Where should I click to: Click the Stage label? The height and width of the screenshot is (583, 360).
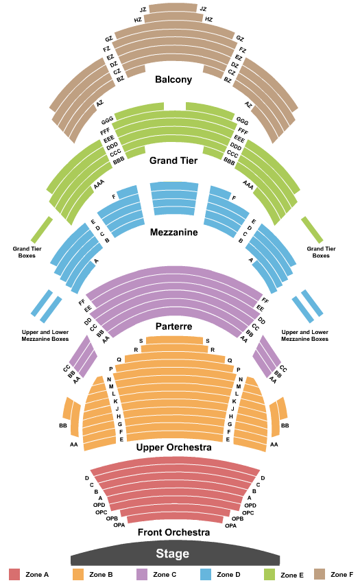click(172, 554)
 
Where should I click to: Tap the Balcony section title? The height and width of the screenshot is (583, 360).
click(173, 80)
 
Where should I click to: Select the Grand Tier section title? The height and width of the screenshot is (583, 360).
click(173, 160)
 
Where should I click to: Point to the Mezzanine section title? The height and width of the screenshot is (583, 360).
click(173, 233)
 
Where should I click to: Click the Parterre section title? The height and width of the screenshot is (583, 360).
click(173, 326)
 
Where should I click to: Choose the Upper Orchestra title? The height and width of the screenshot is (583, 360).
click(173, 447)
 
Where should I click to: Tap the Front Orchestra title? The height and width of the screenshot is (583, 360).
click(173, 532)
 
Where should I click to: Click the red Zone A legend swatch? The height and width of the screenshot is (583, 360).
click(14, 575)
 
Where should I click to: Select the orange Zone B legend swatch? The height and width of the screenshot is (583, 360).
click(78, 575)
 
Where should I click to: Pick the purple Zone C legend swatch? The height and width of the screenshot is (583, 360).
click(142, 575)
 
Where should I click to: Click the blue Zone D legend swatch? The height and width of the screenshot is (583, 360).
click(206, 575)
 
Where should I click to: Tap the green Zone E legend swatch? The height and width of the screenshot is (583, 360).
click(269, 575)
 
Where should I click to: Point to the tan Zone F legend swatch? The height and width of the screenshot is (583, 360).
click(320, 575)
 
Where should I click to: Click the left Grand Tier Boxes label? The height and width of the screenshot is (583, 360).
click(27, 252)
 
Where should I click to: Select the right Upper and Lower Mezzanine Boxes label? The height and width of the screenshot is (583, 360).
click(305, 335)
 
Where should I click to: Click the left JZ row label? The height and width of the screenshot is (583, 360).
click(143, 10)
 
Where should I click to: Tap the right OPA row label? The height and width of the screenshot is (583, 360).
click(230, 525)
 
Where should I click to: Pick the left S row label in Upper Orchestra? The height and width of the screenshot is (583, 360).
click(141, 341)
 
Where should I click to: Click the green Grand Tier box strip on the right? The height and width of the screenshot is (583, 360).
click(312, 229)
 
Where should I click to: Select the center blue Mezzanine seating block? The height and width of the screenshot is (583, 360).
click(174, 198)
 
